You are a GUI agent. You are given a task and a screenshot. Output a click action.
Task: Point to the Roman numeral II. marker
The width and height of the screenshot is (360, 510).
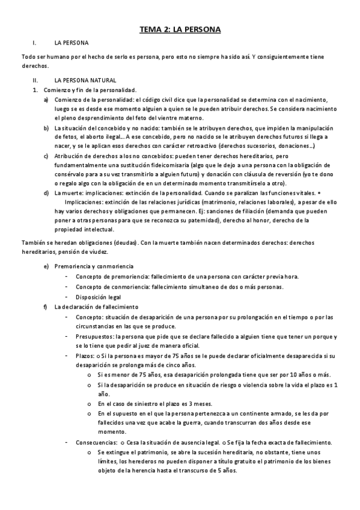(x=35, y=80)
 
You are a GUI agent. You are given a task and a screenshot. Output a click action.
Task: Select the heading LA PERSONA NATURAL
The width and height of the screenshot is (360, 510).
(x=85, y=80)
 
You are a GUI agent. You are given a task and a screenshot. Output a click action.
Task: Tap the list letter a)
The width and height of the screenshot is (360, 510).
(x=46, y=99)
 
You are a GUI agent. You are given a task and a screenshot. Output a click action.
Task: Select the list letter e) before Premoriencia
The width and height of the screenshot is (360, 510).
(x=46, y=266)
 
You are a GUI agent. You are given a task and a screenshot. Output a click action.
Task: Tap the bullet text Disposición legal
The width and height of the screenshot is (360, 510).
(x=98, y=296)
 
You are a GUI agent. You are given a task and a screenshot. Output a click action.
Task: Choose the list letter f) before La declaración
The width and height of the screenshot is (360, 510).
(x=46, y=307)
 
